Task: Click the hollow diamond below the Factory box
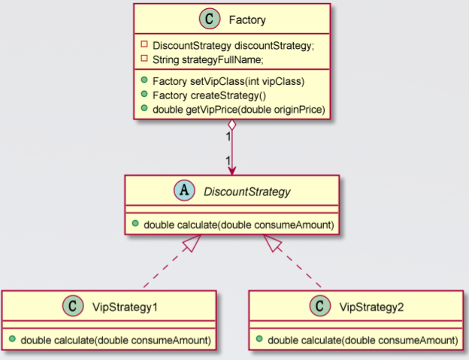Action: [232, 126]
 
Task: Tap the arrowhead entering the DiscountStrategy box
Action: [232, 171]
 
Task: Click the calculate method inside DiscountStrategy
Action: [232, 224]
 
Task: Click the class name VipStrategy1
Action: [124, 307]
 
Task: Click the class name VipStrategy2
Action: [371, 307]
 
